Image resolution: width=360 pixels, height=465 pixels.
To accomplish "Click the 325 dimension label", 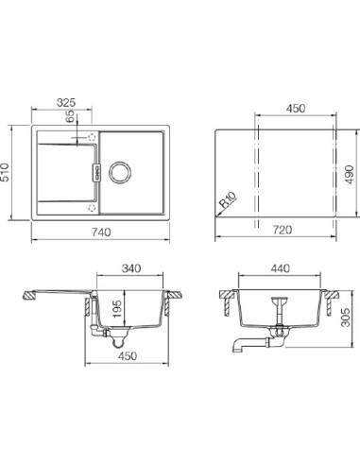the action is point(66,102).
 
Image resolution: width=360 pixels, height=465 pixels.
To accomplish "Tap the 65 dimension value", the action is point(70,116).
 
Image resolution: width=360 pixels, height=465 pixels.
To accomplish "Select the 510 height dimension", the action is point(5,172).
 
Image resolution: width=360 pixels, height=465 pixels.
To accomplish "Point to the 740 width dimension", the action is point(101,232).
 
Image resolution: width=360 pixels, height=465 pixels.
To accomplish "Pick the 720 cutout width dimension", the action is point(283,230).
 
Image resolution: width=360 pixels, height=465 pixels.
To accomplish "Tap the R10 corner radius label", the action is point(228,199).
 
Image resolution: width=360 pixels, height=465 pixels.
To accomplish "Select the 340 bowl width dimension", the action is point(131,268).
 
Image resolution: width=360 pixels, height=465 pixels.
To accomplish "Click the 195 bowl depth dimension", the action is point(116,309).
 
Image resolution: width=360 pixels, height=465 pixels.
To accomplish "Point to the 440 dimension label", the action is point(280,268).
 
